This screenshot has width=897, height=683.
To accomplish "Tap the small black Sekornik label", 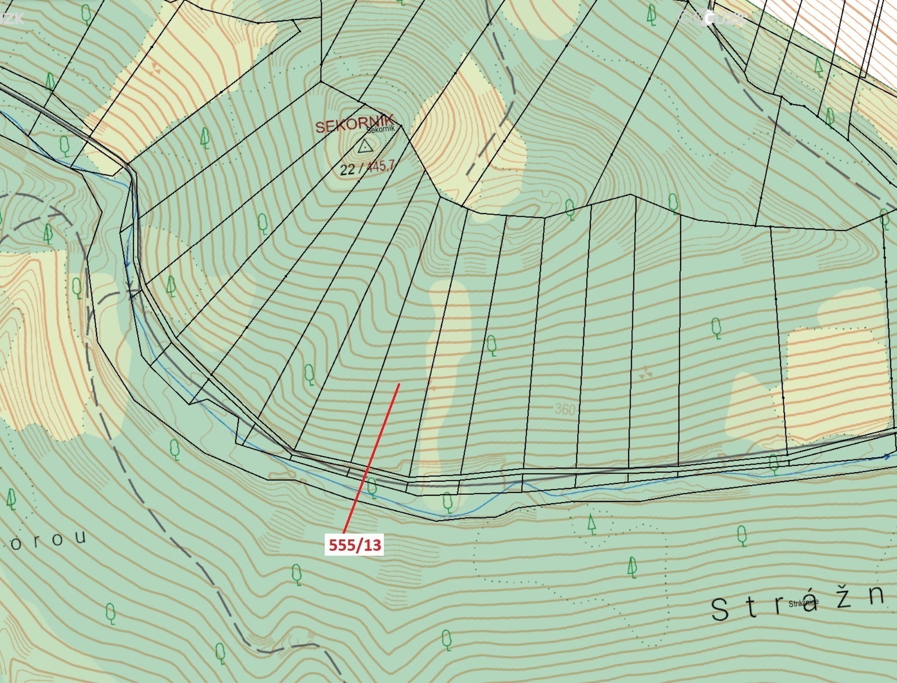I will [381, 129].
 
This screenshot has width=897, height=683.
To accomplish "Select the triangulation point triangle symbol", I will [364, 146].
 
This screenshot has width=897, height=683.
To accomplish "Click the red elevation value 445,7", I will [381, 167].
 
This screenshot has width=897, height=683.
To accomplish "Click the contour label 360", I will [565, 409].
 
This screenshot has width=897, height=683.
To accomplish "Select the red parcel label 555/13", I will [355, 545].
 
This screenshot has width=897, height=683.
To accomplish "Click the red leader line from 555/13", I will [370, 460].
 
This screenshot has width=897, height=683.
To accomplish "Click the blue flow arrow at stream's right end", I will [887, 457].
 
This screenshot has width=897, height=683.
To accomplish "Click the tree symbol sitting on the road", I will [774, 463].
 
